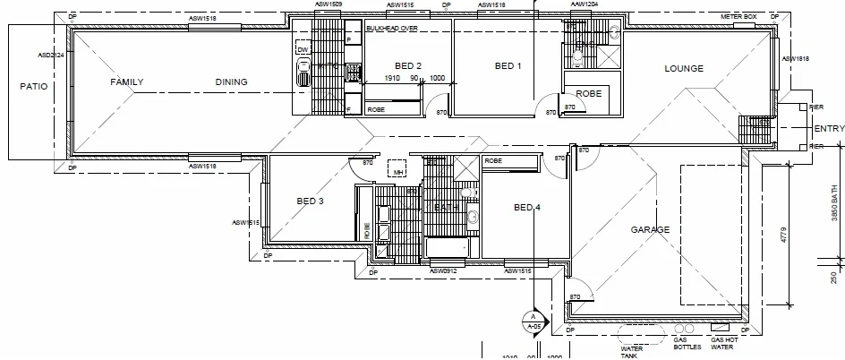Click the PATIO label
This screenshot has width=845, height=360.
pos(33,87)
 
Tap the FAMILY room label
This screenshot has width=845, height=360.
pos(126,81)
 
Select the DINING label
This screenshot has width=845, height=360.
pos(231,81)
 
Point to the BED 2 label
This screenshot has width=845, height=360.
pos(407,65)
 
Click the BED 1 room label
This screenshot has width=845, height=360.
pos(508,65)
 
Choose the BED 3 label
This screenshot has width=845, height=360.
pos(310,201)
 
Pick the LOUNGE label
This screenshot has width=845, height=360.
pos(683,69)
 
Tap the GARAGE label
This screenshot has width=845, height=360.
pos(650,230)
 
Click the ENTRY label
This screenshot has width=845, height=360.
pos(829,129)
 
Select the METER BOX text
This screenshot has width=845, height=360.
pos(738,17)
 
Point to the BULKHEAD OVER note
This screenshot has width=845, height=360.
pos(392,29)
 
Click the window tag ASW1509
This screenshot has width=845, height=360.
pos(329,4)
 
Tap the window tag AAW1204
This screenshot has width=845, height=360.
pos(585,4)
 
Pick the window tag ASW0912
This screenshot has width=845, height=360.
pos(443,270)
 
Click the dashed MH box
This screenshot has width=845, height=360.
pos(397,171)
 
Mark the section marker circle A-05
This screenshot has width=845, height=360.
pos(533,322)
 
